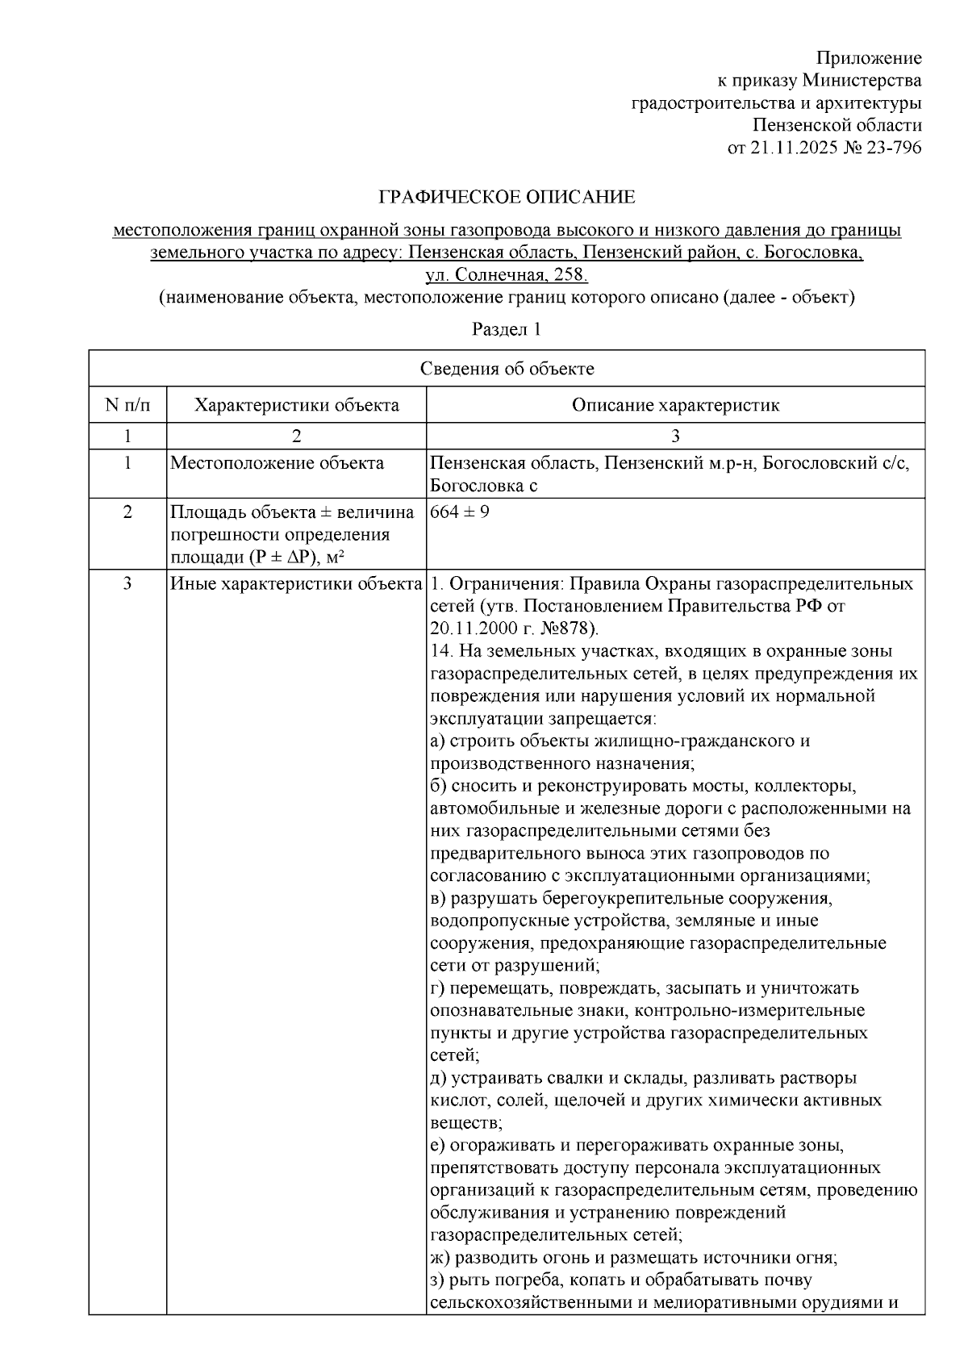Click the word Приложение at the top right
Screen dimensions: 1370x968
[869, 58]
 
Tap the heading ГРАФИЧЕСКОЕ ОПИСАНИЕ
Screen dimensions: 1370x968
[507, 198]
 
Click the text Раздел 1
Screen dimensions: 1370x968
[507, 330]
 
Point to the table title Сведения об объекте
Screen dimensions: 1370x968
[507, 370]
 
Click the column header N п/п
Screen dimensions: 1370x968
[127, 405]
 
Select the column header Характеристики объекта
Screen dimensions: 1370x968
[296, 405]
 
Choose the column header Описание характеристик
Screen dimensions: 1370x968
[675, 405]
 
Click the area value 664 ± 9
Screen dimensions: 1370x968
[460, 512]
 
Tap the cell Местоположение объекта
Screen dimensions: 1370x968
[277, 464]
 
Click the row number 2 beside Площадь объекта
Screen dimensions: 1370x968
[127, 512]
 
